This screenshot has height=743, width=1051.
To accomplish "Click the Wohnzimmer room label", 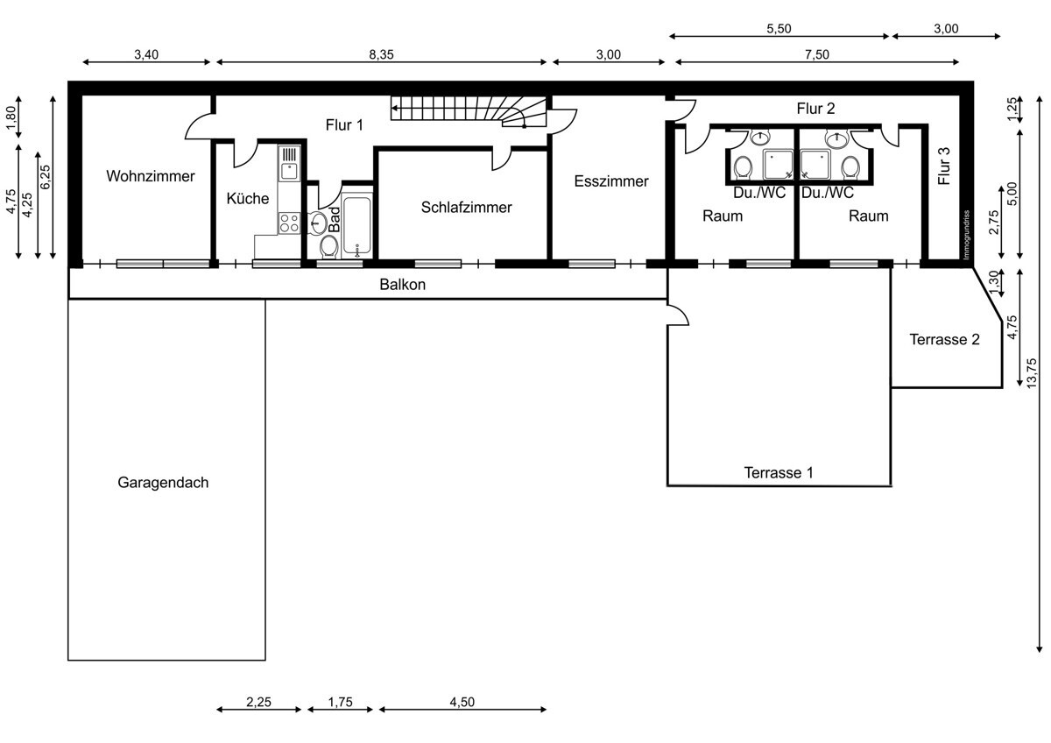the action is coord(150,176).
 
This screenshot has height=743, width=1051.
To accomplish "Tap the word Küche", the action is coord(247,198).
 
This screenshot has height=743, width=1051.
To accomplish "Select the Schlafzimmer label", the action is coord(466,208).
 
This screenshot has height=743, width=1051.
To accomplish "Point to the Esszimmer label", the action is coord(611,181).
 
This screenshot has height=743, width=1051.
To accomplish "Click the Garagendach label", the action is coord(163,483).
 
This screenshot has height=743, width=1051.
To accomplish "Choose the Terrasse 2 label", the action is coord(944,339).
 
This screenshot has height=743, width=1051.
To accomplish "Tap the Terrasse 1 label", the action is coord(779,472).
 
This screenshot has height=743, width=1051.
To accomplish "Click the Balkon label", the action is coord(403,285).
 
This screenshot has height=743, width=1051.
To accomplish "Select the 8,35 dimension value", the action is coord(381,55).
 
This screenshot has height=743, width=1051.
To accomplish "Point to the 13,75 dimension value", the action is coord(1032,373).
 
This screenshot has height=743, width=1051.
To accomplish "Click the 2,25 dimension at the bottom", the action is coord(258,702).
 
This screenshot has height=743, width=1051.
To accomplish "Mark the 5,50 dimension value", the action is coord(779,29).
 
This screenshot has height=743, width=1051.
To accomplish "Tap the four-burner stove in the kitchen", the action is coord(290,223).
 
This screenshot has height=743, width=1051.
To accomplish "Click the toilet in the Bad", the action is coord(329,246).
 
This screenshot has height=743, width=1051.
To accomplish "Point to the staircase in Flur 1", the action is coord(469,111).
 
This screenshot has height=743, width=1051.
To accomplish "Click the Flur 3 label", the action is coord(943,166).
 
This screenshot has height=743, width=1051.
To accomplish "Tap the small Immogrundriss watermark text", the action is coord(966,235).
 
